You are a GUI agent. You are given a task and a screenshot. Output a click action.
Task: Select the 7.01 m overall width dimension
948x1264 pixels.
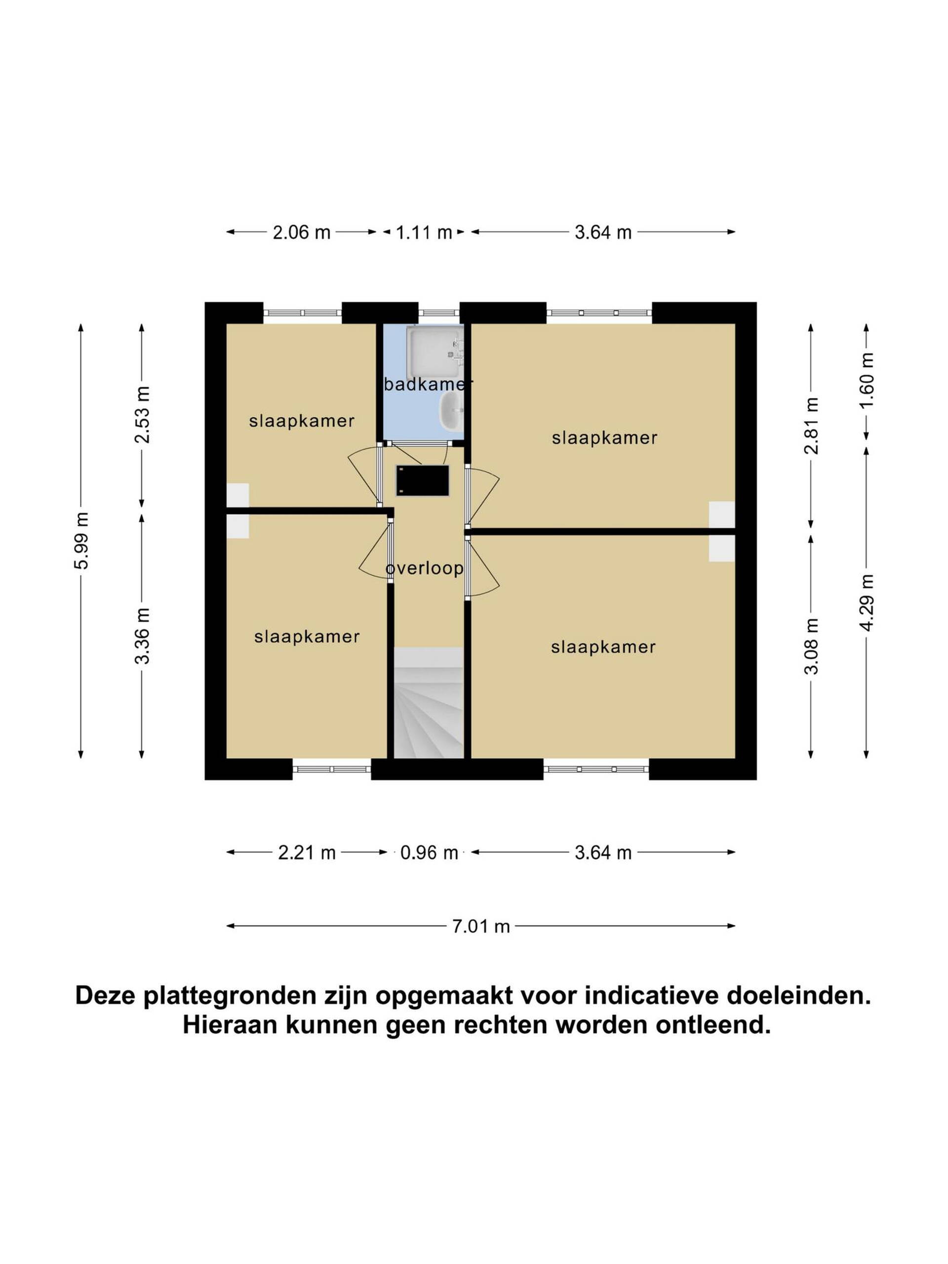[480, 926]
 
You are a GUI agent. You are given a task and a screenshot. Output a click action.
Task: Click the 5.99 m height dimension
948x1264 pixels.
[80, 541]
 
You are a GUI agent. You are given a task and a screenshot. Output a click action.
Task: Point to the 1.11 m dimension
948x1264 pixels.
[424, 233]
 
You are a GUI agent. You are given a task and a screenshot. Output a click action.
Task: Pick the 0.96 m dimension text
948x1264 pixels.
[429, 853]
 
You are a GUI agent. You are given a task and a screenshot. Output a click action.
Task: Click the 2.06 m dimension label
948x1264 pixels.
[301, 233]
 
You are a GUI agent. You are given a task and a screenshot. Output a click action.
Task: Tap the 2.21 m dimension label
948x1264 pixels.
[306, 853]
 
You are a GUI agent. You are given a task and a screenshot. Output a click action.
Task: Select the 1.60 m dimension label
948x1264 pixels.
[867, 381]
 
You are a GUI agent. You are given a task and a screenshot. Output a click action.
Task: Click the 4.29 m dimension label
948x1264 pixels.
[867, 603]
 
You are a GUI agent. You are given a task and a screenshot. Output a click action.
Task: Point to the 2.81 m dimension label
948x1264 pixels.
[811, 426]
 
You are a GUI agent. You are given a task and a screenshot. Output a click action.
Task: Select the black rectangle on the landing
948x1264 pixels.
[422, 480]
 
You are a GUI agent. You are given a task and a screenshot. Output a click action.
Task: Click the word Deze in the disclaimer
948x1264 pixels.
[108, 995]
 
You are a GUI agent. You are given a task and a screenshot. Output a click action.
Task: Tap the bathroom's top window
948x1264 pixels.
[439, 313]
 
